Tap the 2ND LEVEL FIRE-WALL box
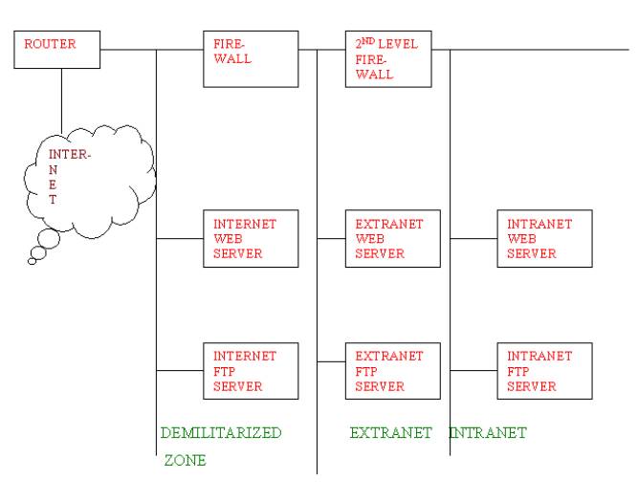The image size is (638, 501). pos(386,57)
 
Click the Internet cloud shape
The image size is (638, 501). pos(86,182)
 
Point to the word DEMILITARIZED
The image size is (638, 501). pos(221,432)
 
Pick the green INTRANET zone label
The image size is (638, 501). pos(488,432)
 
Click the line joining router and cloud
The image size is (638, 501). pos(60,100)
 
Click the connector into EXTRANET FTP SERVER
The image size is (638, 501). pos(331,362)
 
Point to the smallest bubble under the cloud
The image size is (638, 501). pos(32,259)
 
